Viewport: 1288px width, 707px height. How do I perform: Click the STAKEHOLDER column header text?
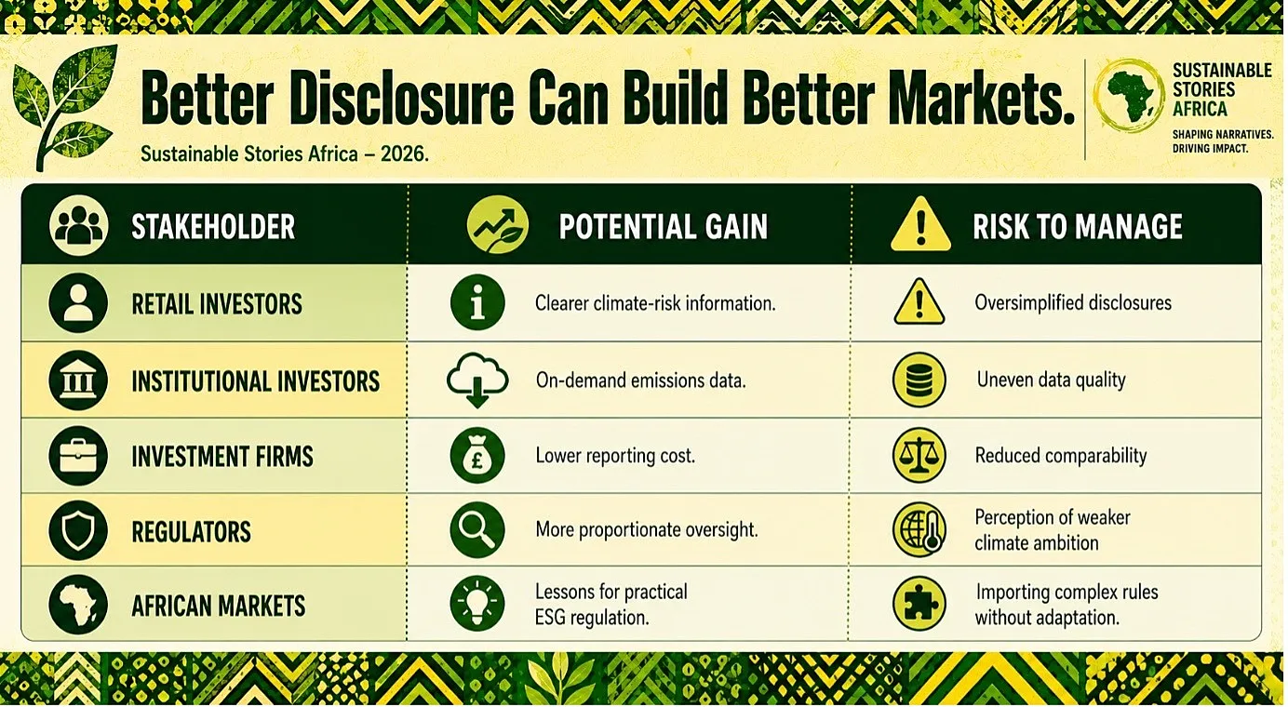[213, 226]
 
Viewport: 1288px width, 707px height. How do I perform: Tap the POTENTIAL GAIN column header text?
[663, 226]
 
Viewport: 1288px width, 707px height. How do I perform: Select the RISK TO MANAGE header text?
[1077, 226]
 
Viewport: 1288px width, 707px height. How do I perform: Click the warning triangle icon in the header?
[920, 225]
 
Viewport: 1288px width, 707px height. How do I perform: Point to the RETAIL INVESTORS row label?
[217, 304]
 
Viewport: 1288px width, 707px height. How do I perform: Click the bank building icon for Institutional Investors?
[78, 380]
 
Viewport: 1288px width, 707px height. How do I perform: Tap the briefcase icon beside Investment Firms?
[78, 456]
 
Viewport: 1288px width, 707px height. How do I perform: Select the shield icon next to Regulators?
[78, 530]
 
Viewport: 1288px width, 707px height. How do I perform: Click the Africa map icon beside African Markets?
[78, 605]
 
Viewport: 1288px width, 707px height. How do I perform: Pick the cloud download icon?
[477, 380]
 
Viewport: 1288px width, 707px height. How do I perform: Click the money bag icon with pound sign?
[477, 455]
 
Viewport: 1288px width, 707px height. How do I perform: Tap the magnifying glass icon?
[477, 529]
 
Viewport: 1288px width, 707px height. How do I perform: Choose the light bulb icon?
[477, 604]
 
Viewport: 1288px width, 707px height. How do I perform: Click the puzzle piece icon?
[919, 604]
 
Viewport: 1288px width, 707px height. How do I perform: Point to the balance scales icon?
[919, 455]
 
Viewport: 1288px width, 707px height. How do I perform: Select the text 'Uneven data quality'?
[1051, 380]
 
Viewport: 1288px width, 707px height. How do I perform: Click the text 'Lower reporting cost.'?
[615, 456]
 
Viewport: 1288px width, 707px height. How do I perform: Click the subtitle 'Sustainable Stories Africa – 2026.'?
[285, 154]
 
